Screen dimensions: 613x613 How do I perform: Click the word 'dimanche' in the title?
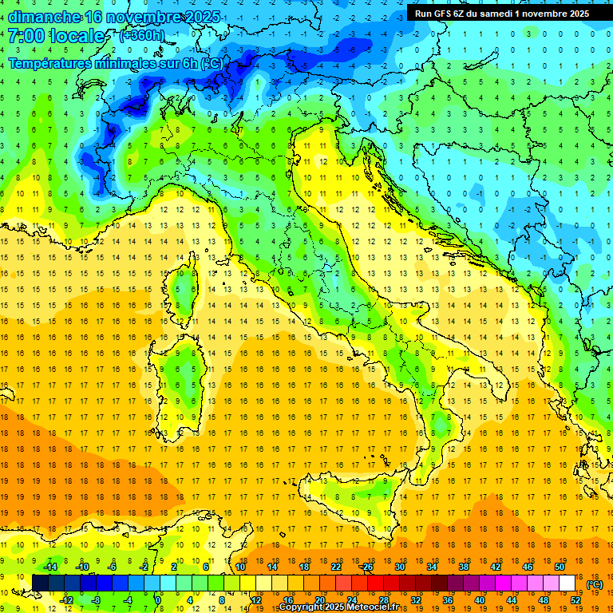pyautogui.click(x=44, y=17)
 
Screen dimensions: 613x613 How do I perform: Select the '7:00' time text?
pyautogui.click(x=25, y=37)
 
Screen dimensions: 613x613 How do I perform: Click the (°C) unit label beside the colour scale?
pyautogui.click(x=595, y=584)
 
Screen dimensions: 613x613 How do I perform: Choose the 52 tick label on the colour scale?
pyautogui.click(x=576, y=600)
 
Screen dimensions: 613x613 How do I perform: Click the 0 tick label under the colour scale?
pyautogui.click(x=159, y=600)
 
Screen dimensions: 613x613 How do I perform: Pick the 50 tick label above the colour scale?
pyautogui.click(x=559, y=566)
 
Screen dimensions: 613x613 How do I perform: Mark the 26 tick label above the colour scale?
pyautogui.click(x=367, y=566)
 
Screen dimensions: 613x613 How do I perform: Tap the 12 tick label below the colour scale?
pyautogui.click(x=255, y=600)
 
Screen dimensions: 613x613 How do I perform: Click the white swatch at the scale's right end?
pyautogui.click(x=568, y=583)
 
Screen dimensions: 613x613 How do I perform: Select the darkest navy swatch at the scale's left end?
pyautogui.click(x=40, y=583)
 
